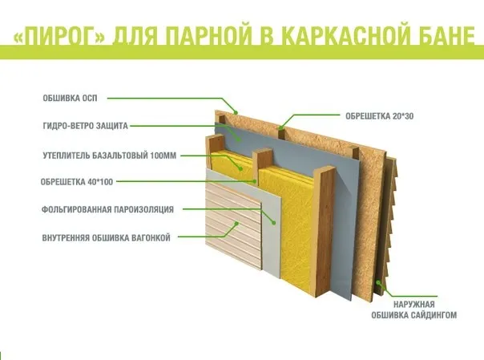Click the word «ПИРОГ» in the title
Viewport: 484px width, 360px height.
[x=59, y=36]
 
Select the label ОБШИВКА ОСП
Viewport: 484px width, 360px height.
[x=70, y=98]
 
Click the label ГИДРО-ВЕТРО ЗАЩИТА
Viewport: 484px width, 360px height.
[x=85, y=126]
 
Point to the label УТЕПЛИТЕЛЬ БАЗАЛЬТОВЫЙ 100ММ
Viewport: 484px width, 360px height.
[x=110, y=156]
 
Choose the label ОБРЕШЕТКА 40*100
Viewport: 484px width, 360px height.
[x=77, y=182]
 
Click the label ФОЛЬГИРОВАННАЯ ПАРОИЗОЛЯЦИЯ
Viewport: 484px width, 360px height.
[x=107, y=209]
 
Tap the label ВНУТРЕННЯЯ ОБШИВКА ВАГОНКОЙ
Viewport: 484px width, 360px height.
[x=107, y=238]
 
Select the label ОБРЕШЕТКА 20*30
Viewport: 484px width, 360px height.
[x=379, y=116]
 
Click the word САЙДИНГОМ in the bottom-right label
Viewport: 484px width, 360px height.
[x=435, y=315]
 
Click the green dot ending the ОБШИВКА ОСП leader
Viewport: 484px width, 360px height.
[x=236, y=113]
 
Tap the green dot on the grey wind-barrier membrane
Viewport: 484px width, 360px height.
[x=239, y=140]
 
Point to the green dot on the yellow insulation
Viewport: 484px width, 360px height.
[x=240, y=168]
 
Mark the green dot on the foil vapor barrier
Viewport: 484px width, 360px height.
[x=273, y=223]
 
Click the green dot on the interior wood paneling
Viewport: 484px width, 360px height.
[x=236, y=223]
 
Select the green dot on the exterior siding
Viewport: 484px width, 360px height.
[x=377, y=282]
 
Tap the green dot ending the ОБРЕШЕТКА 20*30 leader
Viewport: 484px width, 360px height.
[x=280, y=127]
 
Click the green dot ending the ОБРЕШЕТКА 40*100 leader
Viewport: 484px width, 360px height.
[x=256, y=181]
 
